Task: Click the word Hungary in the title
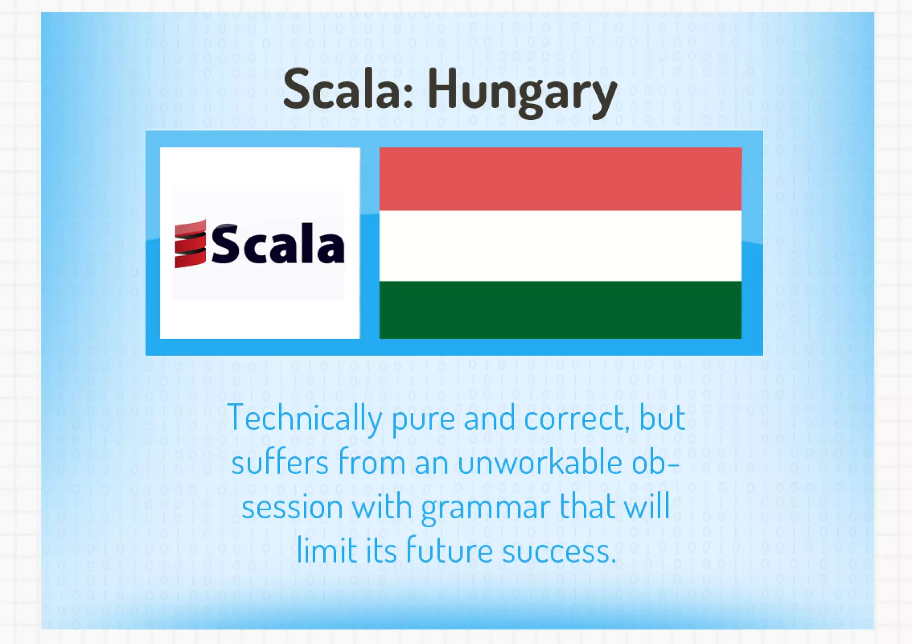click(522, 92)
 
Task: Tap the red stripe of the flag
click(560, 179)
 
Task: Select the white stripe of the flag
click(560, 246)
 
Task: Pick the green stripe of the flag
click(560, 310)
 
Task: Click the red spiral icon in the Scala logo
click(190, 243)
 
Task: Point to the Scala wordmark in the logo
click(277, 244)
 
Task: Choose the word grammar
click(485, 509)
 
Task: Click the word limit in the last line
click(327, 551)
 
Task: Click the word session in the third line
click(292, 508)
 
